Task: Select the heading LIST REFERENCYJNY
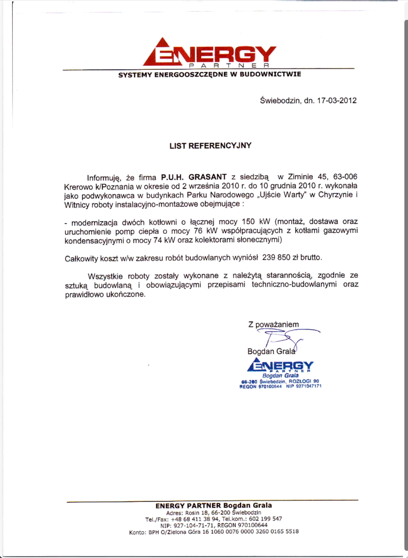point(210,145)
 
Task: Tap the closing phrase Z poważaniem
point(273,324)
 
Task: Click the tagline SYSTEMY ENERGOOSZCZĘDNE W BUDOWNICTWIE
point(209,74)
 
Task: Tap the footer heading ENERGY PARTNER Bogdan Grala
point(213,506)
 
